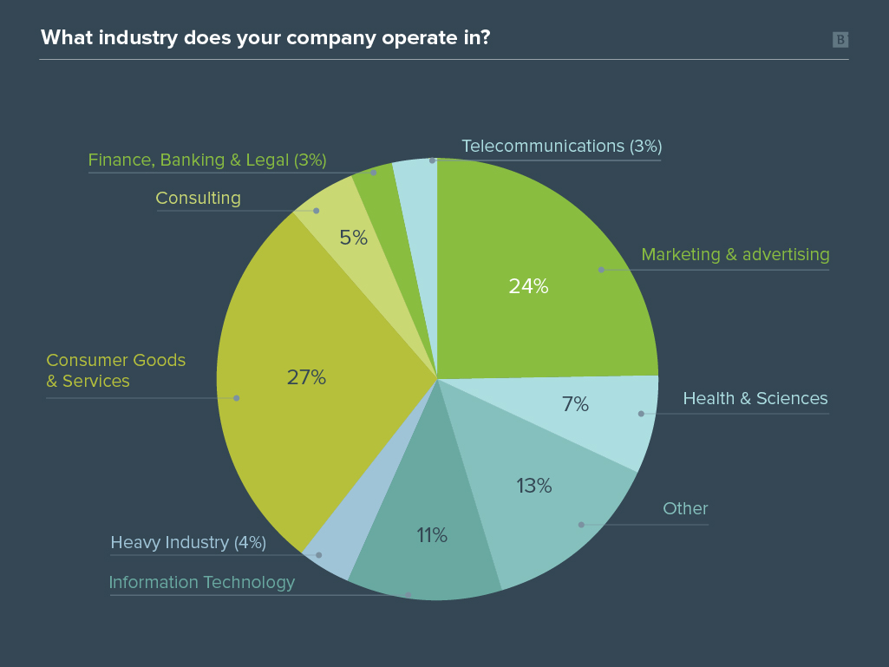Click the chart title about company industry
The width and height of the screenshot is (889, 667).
pyautogui.click(x=265, y=38)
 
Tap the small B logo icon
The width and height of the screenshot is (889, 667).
pyautogui.click(x=840, y=39)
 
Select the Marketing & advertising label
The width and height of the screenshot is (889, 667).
pyautogui.click(x=735, y=254)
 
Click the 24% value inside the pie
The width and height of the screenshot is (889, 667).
pyautogui.click(x=528, y=286)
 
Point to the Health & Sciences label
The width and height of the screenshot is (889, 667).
pyautogui.click(x=755, y=398)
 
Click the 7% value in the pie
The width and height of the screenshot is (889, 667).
pyautogui.click(x=575, y=404)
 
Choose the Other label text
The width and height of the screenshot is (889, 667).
pyautogui.click(x=685, y=508)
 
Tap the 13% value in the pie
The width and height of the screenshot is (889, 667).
pyautogui.click(x=533, y=486)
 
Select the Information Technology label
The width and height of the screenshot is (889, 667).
pyautogui.click(x=201, y=582)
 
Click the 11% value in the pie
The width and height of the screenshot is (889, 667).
pyautogui.click(x=431, y=535)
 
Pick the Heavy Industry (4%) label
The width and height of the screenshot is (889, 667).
pyautogui.click(x=187, y=542)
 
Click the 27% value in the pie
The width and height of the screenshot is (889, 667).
pyautogui.click(x=306, y=377)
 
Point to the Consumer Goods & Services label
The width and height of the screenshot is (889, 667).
pyautogui.click(x=115, y=370)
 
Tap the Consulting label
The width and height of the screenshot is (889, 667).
pyautogui.click(x=198, y=198)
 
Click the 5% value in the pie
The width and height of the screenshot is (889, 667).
pyautogui.click(x=353, y=238)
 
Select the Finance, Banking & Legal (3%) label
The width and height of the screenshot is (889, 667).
pyautogui.click(x=207, y=160)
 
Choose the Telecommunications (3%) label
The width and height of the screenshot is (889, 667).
pyautogui.click(x=561, y=146)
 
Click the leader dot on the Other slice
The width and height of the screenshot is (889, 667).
pyautogui.click(x=581, y=524)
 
